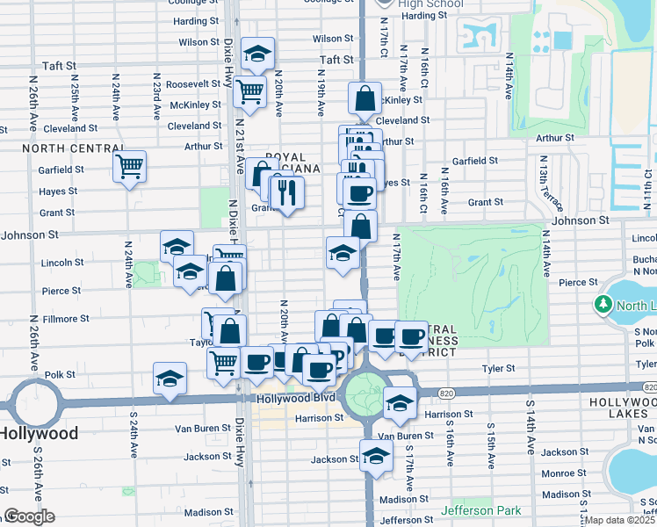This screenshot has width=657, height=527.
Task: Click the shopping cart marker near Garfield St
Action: click(129, 165)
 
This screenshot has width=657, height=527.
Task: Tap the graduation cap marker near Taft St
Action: click(257, 54)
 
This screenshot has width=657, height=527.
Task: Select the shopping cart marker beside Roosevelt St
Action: click(250, 90)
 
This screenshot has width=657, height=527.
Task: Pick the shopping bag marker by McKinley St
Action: click(364, 98)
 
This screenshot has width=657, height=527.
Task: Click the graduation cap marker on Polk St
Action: click(170, 378)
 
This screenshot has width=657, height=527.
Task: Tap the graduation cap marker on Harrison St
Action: click(400, 402)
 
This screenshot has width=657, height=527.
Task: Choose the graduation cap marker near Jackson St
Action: click(376, 456)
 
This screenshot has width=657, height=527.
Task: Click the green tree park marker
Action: click(603, 305)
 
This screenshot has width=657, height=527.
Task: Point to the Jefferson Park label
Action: click(480, 510)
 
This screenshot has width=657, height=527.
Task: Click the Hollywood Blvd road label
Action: click(285, 398)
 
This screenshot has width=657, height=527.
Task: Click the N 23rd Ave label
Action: click(155, 97)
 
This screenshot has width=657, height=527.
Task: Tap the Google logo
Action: click(29, 516)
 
